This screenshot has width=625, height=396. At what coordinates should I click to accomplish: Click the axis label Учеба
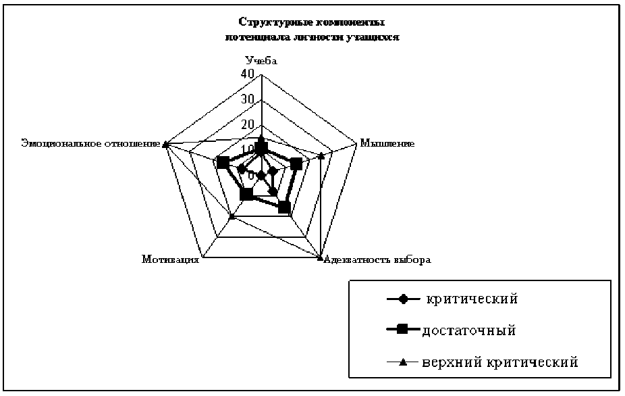[x=262, y=61]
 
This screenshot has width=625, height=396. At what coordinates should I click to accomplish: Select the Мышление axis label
[x=387, y=143]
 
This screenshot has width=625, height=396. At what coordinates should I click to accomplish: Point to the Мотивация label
[x=171, y=259]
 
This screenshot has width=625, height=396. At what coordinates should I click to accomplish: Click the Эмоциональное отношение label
[x=90, y=143]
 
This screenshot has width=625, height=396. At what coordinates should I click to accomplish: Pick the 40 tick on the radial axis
[x=248, y=74]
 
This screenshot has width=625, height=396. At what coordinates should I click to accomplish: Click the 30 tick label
[x=248, y=99]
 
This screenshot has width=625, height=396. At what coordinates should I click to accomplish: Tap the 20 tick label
[x=248, y=124]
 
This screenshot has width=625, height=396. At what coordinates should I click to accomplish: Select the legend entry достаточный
[x=469, y=330]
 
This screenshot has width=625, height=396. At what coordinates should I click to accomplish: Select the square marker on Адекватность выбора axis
[x=285, y=207]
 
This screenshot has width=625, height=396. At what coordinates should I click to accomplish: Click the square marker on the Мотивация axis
[x=246, y=195]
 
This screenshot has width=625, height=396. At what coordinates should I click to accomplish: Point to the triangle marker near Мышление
[x=321, y=156]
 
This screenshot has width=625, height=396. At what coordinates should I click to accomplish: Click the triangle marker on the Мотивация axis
[x=232, y=216]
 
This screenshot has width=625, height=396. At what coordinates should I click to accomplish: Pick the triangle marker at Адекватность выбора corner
[x=320, y=256]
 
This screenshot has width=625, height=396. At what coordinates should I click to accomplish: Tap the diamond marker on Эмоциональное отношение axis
[x=241, y=169]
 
